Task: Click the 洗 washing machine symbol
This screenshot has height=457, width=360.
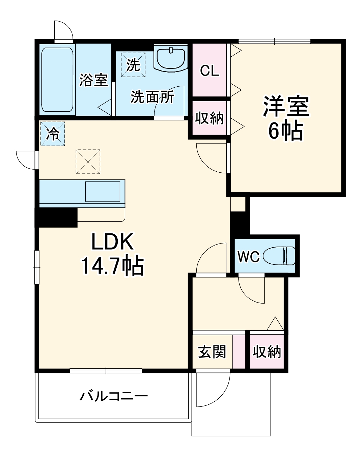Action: click(x=133, y=64)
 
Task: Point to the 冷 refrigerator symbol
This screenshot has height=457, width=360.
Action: click(x=52, y=134)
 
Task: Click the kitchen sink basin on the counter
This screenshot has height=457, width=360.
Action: click(x=103, y=192)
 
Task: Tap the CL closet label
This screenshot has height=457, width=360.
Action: click(x=209, y=71)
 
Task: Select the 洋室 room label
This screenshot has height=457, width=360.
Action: click(x=286, y=106)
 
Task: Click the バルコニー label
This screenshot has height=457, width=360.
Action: click(x=114, y=396)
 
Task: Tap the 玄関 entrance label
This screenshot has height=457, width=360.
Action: click(x=212, y=352)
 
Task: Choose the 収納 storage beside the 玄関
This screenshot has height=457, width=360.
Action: click(x=267, y=352)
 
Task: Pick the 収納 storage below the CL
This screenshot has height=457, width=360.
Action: click(x=210, y=118)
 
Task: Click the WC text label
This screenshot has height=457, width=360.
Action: click(x=249, y=257)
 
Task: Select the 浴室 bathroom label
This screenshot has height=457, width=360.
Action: click(x=93, y=80)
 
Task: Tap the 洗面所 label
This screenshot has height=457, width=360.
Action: click(x=152, y=97)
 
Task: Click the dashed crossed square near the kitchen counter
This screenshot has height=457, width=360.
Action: click(x=88, y=162)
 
